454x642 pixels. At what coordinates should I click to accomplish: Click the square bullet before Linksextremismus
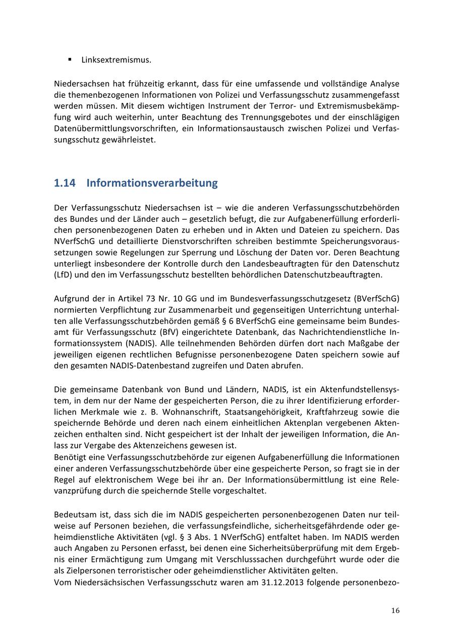point(70,60)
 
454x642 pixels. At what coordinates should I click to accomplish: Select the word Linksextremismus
point(116,60)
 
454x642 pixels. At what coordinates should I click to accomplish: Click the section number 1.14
point(65,183)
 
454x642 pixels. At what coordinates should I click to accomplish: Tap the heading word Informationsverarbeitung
point(152,183)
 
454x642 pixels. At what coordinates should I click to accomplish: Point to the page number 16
point(395,611)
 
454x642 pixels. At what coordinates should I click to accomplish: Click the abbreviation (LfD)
point(63,275)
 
